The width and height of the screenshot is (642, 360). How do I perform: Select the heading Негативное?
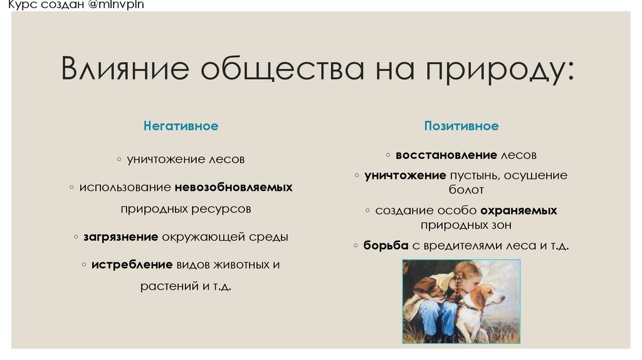click(x=181, y=126)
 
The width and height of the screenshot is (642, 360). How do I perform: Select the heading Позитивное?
click(x=461, y=126)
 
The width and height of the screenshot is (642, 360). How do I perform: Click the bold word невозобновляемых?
click(x=234, y=188)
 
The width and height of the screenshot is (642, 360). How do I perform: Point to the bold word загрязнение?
click(x=120, y=238)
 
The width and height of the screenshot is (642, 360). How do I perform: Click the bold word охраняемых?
click(x=518, y=211)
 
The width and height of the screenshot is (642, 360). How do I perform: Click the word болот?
click(x=466, y=189)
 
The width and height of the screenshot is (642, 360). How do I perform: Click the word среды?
click(x=271, y=238)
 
